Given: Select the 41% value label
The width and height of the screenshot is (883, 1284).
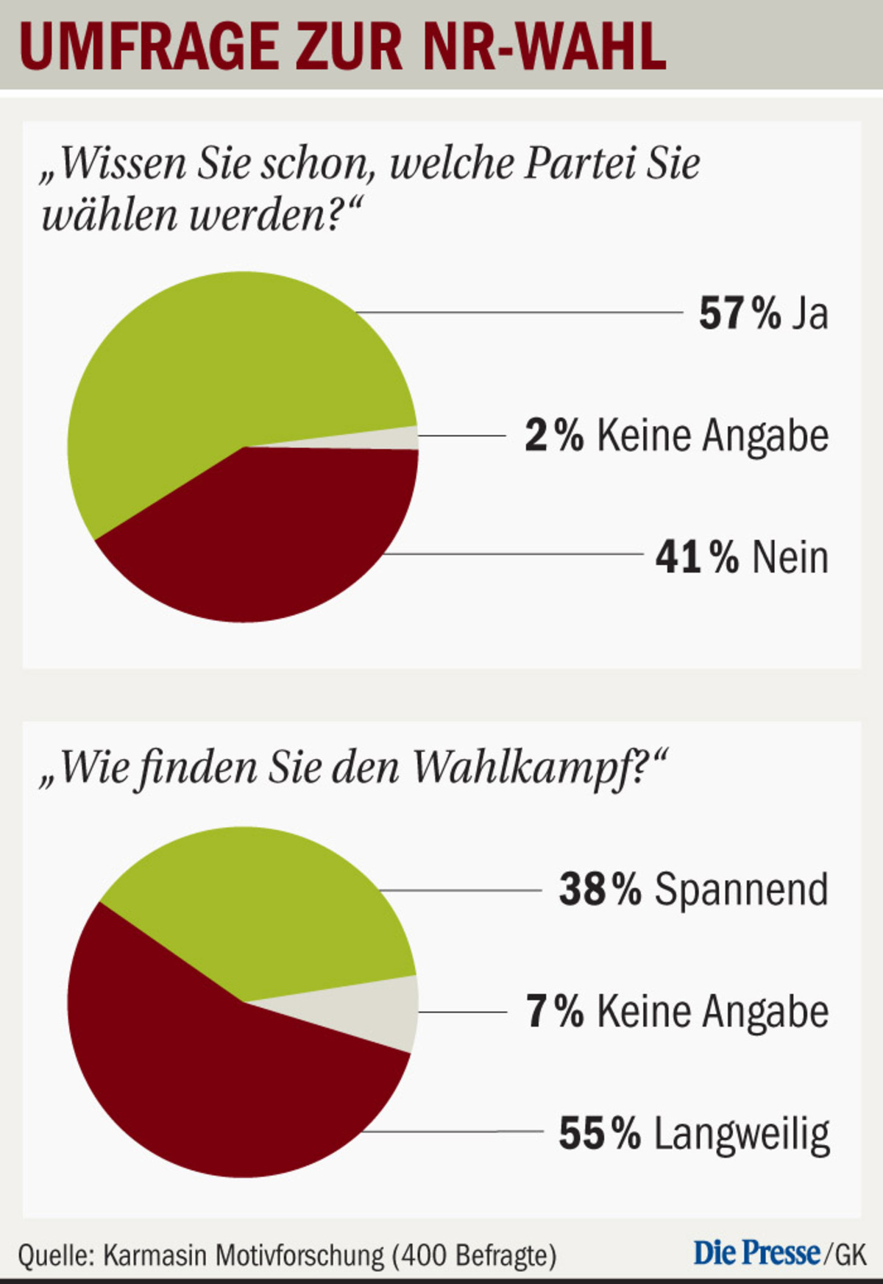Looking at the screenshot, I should pyautogui.click(x=696, y=557).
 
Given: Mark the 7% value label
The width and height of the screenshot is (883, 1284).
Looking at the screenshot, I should pyautogui.click(x=554, y=1011).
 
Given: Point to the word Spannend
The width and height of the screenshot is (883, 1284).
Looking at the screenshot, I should pyautogui.click(x=742, y=890).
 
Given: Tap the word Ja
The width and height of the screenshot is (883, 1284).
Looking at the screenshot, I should pyautogui.click(x=810, y=313).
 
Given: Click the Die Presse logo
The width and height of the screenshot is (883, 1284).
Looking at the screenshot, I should pyautogui.click(x=756, y=1252).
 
